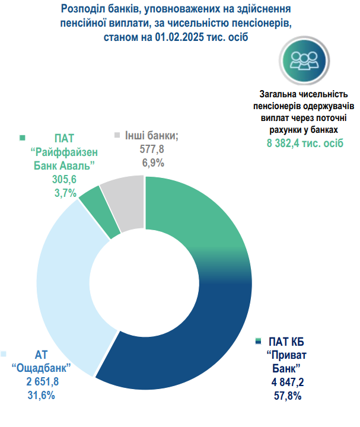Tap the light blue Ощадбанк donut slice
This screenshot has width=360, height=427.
tap(62, 285)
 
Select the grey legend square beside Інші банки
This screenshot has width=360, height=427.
tap(117, 135)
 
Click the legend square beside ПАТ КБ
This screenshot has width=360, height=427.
tap(259, 342)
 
